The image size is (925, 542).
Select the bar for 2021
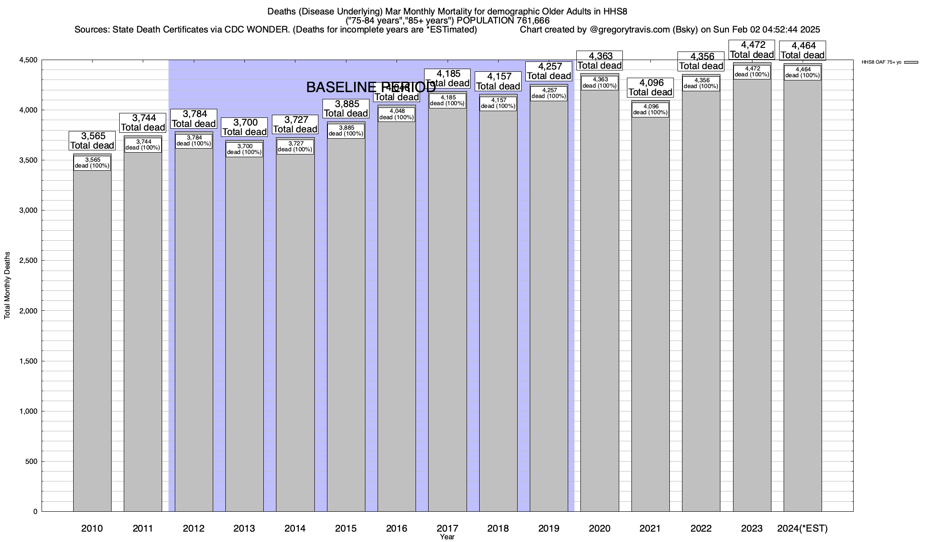tap(650, 316)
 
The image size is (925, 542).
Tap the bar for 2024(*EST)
tap(803, 294)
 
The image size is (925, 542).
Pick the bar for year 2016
tap(397, 316)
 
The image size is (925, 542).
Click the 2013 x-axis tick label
tap(244, 528)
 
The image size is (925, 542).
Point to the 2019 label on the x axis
tap(549, 528)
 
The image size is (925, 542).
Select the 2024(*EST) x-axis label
tap(803, 528)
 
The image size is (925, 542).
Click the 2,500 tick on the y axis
tap(28, 261)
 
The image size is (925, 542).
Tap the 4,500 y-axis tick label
tap(28, 60)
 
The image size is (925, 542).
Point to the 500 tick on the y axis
tap(32, 462)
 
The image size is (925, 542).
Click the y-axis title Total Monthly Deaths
tap(7, 285)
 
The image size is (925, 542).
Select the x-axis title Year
tap(447, 537)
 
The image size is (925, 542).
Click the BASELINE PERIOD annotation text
tap(371, 88)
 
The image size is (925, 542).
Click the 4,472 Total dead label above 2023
tap(752, 50)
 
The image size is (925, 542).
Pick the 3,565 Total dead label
tap(92, 141)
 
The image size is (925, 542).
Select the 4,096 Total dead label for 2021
tap(650, 88)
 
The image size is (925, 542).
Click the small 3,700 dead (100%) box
tap(244, 150)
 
